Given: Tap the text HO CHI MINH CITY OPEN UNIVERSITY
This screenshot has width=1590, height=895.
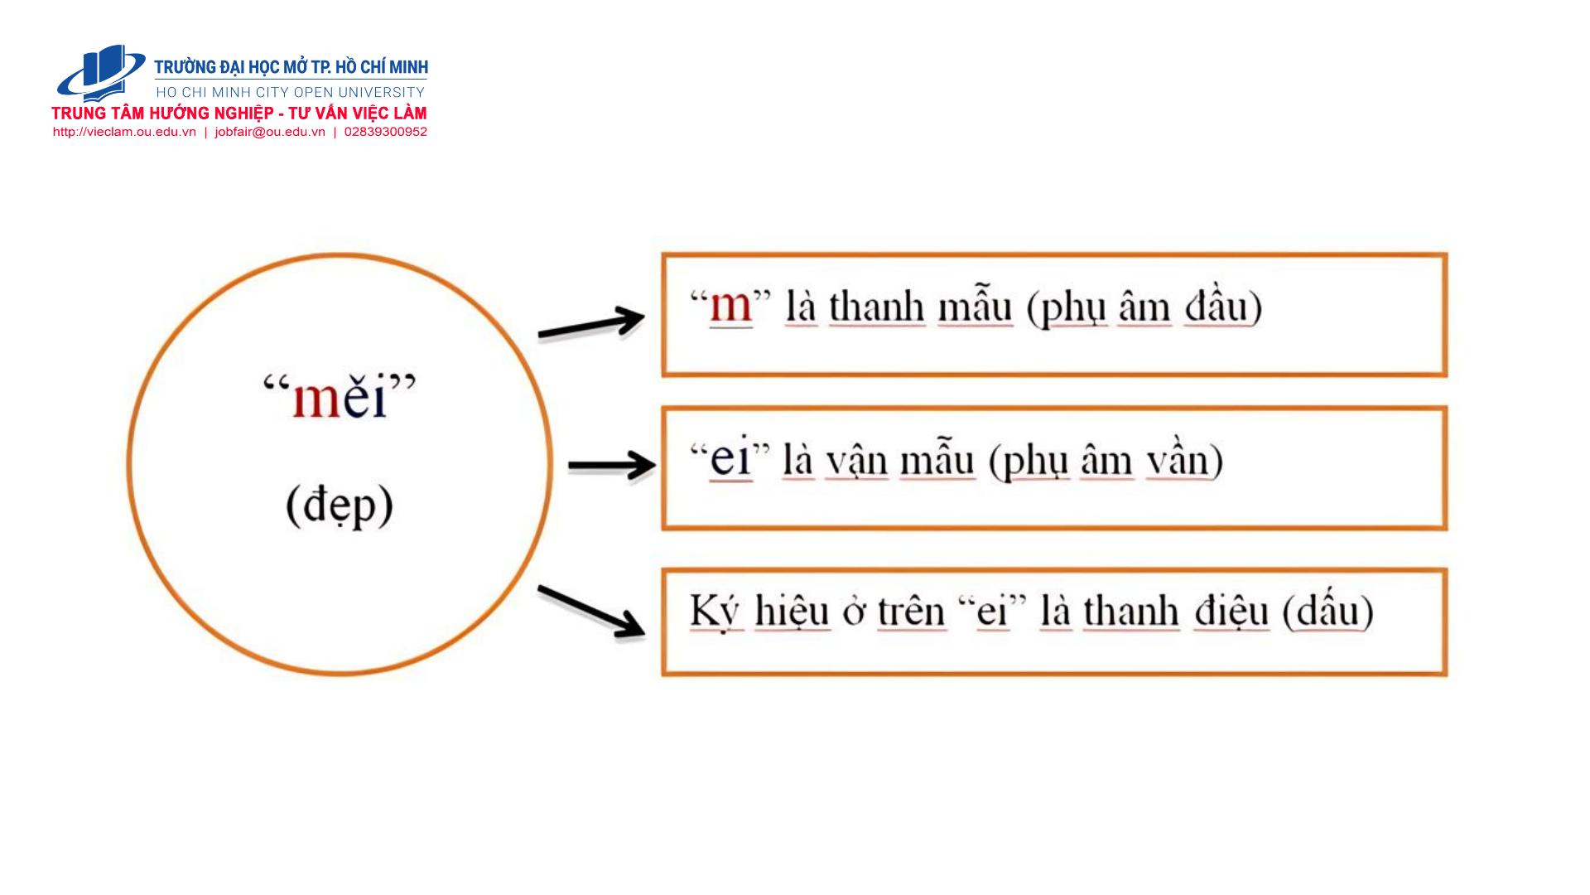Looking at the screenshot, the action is (x=291, y=92).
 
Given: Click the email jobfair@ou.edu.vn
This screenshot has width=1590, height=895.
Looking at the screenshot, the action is (x=270, y=132).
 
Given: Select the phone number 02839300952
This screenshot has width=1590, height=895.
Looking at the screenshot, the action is (x=386, y=132).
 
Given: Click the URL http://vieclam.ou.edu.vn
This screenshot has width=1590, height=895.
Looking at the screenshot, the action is (x=124, y=132).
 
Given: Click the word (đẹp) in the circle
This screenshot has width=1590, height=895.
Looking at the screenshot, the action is (x=340, y=506).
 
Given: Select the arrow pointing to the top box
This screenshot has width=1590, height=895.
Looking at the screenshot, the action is (x=591, y=323).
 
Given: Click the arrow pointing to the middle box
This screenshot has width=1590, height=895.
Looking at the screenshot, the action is (x=612, y=465).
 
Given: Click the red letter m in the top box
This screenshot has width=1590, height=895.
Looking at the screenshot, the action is (x=730, y=306).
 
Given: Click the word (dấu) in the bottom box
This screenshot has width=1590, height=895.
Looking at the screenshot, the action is (x=1327, y=612).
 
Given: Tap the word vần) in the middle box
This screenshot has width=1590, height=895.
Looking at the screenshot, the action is (x=1184, y=459).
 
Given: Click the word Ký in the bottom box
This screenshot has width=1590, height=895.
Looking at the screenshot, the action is (x=715, y=612).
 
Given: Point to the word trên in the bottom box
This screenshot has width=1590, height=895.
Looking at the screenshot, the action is (x=911, y=612).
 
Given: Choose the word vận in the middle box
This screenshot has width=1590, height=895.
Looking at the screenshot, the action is (x=857, y=461).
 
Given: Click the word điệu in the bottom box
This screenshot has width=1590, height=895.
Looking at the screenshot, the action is (x=1231, y=612).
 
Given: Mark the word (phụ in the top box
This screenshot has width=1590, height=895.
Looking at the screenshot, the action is (x=1067, y=308).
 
